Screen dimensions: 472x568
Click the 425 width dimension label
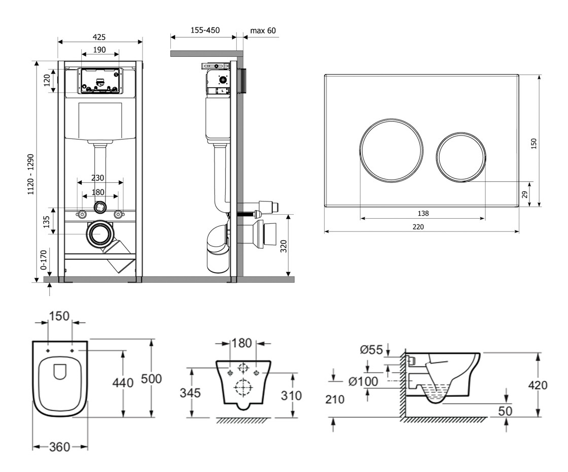pos(99,37)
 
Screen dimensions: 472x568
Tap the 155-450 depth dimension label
pos(204,30)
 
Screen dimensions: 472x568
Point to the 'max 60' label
pos(263,30)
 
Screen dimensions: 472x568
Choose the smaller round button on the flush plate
pos(460,156)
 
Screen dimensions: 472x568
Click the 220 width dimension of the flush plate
pos(418,227)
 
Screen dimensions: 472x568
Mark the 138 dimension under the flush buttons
pos(423,214)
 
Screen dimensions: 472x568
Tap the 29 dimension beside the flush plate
pos(525,194)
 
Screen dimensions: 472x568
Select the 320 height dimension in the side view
pos(283,246)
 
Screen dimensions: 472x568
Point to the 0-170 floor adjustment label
pos(44,259)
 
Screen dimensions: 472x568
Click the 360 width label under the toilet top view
pos(60,447)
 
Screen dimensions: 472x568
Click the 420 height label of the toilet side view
pos(537,385)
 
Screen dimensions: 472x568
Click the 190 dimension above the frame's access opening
pos(99,50)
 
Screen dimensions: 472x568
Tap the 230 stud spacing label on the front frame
pos(98,178)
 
